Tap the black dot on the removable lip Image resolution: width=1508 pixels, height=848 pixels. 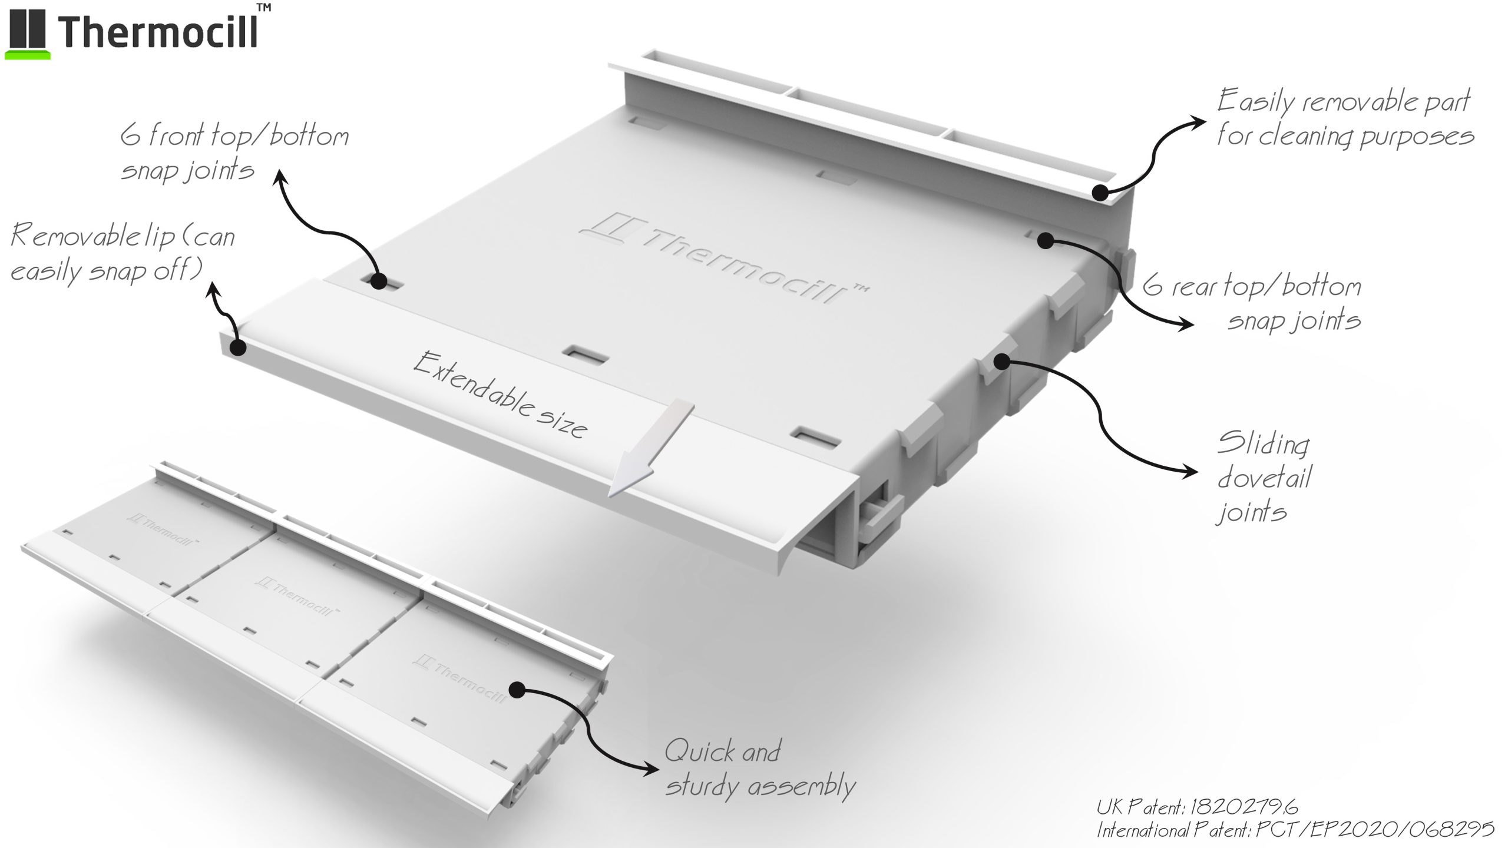point(237,347)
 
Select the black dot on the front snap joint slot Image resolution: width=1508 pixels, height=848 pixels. point(378,280)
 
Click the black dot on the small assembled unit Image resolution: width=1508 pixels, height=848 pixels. point(517,690)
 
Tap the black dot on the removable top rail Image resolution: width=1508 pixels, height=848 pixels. point(1100,193)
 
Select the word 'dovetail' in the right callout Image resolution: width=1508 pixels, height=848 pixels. point(1264,478)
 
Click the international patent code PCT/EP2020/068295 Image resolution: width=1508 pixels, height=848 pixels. point(1375,830)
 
